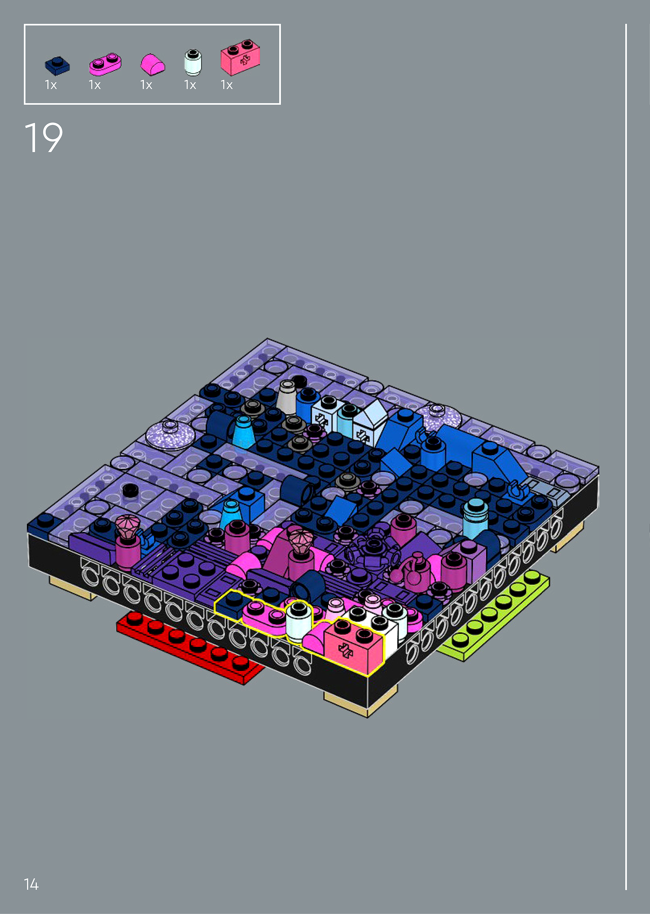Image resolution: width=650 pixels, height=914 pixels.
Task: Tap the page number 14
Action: pos(31,884)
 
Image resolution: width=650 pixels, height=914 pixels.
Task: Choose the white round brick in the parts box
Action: pos(193,62)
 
